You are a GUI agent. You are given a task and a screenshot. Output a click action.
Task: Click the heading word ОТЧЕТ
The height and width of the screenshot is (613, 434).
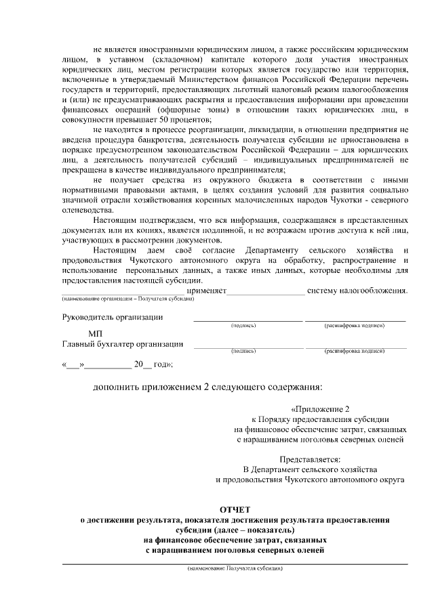(x=235, y=509)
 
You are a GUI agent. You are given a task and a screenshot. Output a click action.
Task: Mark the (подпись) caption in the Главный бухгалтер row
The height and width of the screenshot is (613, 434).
(x=243, y=352)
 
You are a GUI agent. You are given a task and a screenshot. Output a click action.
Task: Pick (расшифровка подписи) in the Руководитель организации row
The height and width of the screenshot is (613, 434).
(x=355, y=326)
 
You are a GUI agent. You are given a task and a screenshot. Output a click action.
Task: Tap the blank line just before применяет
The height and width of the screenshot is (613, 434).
(x=122, y=292)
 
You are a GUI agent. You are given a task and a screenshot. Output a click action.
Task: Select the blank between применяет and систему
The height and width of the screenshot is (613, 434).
(x=266, y=292)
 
